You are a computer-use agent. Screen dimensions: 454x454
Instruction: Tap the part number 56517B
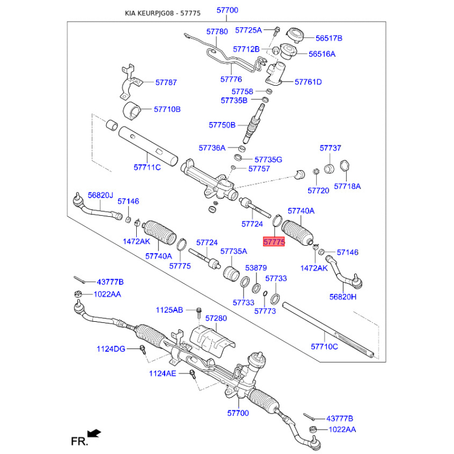point(329,38)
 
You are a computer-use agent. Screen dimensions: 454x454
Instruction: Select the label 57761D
point(308,82)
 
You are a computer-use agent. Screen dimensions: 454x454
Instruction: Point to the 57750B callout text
point(222,125)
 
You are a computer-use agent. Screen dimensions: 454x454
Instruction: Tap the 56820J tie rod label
point(100,195)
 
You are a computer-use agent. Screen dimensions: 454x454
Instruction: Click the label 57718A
point(347,186)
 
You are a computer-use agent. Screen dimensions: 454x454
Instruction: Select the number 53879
point(255,267)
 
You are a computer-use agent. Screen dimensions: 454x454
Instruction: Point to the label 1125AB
point(170,310)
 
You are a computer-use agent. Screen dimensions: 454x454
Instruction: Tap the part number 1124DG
point(111,348)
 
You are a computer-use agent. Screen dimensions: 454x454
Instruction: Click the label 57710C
point(324,346)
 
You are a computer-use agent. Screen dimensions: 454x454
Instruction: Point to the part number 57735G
point(268,159)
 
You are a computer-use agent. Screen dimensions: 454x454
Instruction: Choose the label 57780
point(216,32)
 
